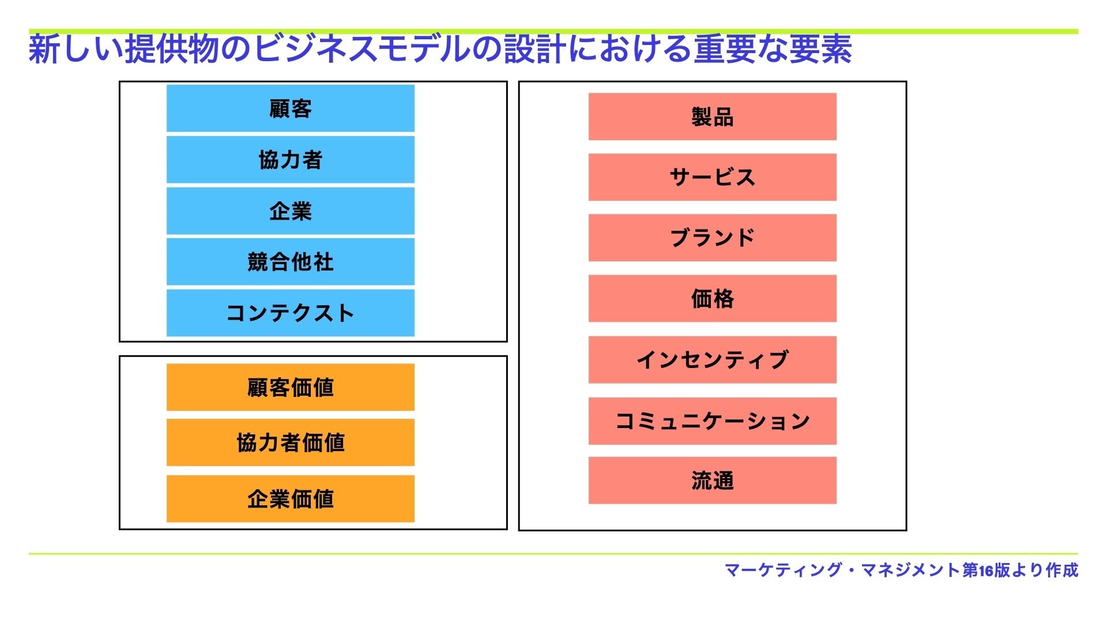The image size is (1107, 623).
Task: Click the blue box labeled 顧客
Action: (291, 108)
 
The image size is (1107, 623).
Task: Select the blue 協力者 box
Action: (291, 160)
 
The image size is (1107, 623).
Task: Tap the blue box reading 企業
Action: (291, 211)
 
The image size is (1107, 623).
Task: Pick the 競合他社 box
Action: (291, 262)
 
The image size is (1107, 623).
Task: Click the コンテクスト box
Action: (291, 313)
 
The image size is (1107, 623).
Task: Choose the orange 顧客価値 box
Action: (291, 387)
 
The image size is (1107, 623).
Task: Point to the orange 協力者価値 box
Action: (291, 442)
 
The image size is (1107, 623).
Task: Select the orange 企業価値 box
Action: (291, 499)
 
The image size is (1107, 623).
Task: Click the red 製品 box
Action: (713, 117)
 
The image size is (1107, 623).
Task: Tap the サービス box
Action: (713, 177)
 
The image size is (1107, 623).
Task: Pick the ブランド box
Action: (713, 238)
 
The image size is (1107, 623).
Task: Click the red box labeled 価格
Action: (713, 298)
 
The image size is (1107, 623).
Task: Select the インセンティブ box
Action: (713, 360)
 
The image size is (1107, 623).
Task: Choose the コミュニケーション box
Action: (713, 421)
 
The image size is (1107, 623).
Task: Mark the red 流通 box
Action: (713, 481)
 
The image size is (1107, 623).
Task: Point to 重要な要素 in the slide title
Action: (773, 49)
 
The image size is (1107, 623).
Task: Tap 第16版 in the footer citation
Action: (986, 570)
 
